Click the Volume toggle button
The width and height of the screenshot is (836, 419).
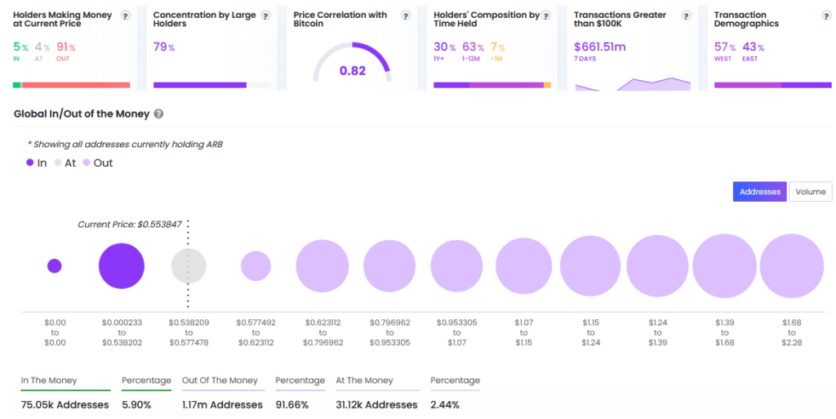point(810,192)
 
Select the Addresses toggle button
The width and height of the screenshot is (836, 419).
point(760,192)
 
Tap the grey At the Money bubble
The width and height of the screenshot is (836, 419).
point(189,266)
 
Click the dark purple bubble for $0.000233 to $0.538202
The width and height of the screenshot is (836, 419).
point(122,266)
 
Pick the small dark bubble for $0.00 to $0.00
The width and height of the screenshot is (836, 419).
point(55,266)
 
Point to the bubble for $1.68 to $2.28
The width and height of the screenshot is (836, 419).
point(792,266)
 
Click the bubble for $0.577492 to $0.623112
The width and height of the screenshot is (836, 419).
point(256,266)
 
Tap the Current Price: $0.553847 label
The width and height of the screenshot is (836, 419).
point(130,225)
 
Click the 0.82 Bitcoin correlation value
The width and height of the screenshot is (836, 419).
point(353,71)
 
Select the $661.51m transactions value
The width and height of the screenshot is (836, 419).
point(600,47)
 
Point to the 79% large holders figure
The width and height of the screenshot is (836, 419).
point(164,47)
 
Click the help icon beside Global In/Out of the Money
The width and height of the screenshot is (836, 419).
point(158,114)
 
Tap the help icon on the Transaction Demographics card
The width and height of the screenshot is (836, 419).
point(826,16)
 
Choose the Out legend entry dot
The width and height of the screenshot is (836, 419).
point(87,163)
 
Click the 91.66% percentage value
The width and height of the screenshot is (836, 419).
point(292,405)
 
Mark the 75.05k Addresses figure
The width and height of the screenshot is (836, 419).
point(65,405)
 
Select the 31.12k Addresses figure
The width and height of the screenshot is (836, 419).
point(377,405)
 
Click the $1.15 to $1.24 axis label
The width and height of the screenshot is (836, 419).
point(591,332)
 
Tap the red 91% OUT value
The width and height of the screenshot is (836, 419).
point(66,47)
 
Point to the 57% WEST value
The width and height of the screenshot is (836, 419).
point(725,47)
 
